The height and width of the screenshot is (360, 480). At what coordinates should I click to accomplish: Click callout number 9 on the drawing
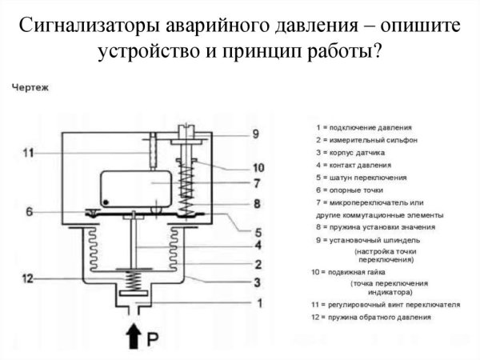(x=255, y=134)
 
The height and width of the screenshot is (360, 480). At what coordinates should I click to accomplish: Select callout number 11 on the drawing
(x=29, y=153)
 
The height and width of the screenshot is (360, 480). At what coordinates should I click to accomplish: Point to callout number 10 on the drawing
(x=258, y=168)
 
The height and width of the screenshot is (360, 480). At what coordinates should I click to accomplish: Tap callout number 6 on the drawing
(x=29, y=212)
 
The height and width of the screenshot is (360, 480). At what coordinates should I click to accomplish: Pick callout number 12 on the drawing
(x=29, y=278)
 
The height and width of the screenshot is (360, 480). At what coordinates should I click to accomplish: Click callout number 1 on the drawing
(x=258, y=302)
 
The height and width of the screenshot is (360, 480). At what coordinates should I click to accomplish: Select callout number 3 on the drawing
(x=258, y=282)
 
